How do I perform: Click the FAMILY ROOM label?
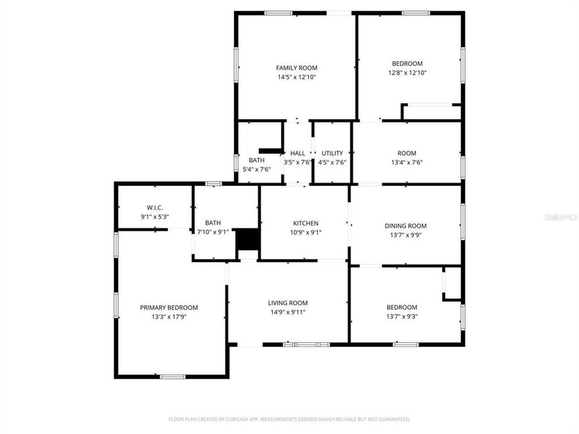296,68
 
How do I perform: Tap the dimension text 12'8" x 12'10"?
407,73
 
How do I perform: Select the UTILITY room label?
332,153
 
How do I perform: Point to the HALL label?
297,153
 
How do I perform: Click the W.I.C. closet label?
154,207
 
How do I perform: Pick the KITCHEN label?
306,223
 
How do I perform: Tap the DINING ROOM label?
405,226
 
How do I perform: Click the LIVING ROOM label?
288,303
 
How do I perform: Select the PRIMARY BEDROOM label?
169,307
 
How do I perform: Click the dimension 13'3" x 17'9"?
169,316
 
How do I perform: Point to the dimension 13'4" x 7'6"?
407,162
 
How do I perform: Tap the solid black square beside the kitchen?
246,239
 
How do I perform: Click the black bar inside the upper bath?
270,151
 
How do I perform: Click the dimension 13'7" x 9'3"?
402,316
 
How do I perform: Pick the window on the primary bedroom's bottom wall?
172,377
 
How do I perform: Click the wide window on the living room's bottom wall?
306,344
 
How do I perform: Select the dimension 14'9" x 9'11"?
288,312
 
